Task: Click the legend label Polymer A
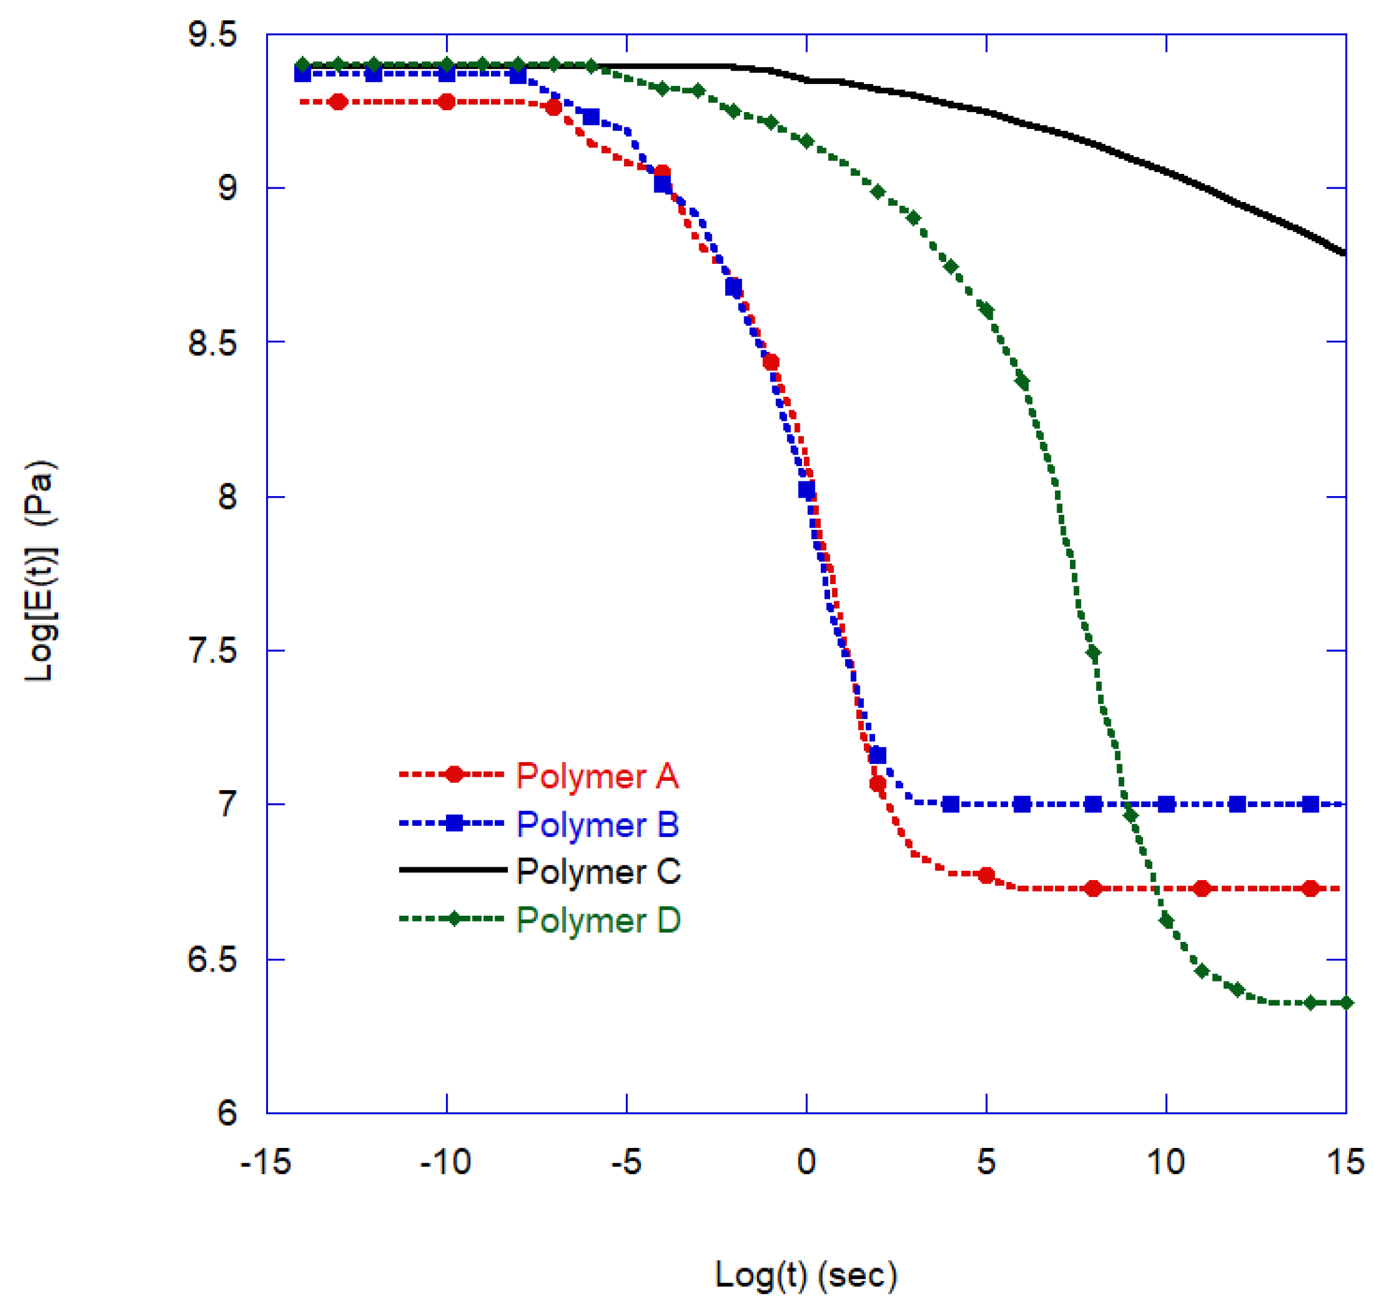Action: pos(597,776)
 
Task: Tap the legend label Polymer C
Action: pos(598,871)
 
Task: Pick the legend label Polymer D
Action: pos(598,920)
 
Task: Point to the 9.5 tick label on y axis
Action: pos(212,34)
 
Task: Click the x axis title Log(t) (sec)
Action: pos(806,1274)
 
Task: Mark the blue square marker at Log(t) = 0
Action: pos(806,490)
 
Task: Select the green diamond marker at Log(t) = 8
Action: pos(1094,653)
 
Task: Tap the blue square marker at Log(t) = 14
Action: pos(1310,805)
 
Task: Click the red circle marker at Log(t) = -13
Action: pos(339,102)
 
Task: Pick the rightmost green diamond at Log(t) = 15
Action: pos(1346,1003)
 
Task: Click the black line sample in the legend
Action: pos(452,870)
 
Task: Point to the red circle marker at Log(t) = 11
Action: pos(1202,889)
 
